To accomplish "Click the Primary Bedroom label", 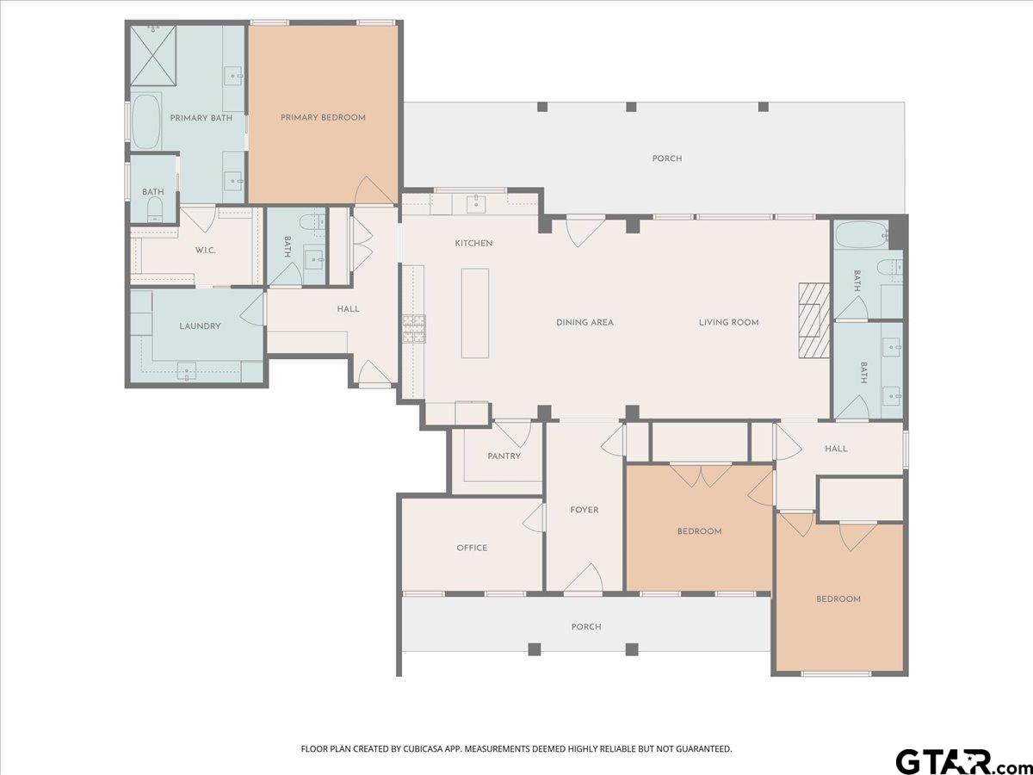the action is click(x=323, y=118).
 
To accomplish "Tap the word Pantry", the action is click(x=504, y=456).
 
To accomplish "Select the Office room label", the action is click(x=472, y=548).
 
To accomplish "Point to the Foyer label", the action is click(x=584, y=510).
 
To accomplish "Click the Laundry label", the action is click(x=200, y=326).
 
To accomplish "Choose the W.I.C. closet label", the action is click(x=206, y=251).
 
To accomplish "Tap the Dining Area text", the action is click(x=585, y=322).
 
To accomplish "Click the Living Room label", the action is click(x=728, y=322).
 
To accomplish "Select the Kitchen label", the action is click(x=474, y=244).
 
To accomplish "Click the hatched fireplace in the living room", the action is click(x=813, y=321).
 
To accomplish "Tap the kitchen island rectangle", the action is click(x=475, y=313).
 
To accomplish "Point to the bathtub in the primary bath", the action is click(x=145, y=122).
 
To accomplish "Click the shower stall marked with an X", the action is click(x=153, y=55).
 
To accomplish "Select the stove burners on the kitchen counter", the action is click(x=414, y=328).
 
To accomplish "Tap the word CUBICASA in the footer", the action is click(x=422, y=735).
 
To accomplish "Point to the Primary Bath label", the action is click(x=201, y=118).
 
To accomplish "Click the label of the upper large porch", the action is click(x=667, y=158).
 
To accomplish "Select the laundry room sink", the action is click(x=187, y=372).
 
